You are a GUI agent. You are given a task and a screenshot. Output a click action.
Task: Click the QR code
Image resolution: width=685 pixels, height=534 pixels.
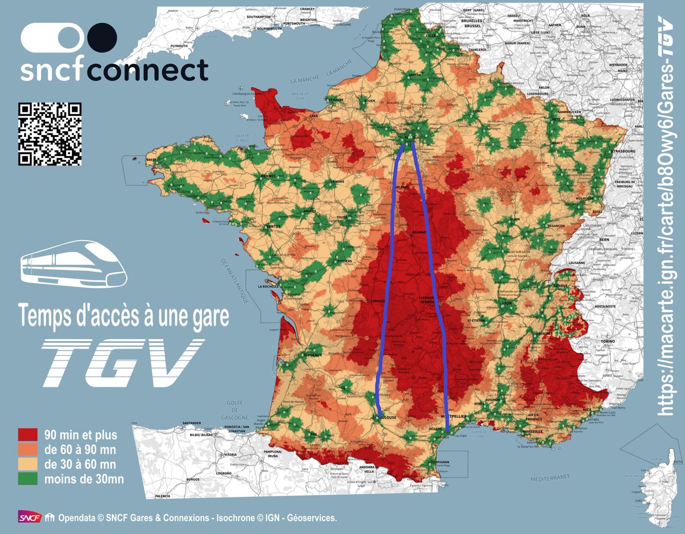[x=50, y=134]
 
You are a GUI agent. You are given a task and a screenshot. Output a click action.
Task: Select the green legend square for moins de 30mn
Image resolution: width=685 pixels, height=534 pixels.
[x=28, y=478]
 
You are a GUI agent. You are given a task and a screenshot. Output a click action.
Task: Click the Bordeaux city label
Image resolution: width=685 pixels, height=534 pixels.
[x=311, y=355]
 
